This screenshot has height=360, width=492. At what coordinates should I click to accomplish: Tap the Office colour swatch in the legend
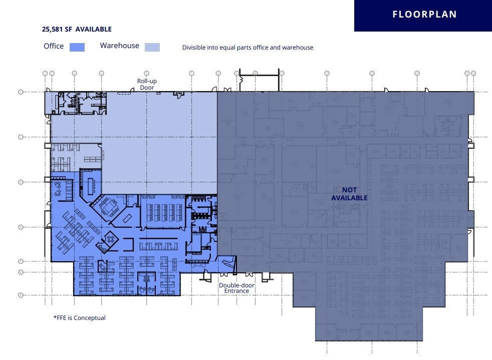click(x=77, y=47)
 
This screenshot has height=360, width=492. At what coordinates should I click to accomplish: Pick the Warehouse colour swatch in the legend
click(x=152, y=47)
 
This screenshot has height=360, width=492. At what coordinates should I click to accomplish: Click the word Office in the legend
click(x=54, y=46)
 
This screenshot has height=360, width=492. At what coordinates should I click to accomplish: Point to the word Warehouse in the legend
click(x=119, y=46)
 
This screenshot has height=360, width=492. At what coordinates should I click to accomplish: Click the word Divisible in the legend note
click(x=193, y=48)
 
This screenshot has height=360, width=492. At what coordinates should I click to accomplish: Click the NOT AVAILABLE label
click(x=349, y=194)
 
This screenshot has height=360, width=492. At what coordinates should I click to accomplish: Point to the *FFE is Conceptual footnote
click(x=79, y=317)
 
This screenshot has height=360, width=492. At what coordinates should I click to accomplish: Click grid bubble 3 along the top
click(x=74, y=73)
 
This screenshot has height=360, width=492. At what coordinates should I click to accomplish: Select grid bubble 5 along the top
click(x=146, y=73)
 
